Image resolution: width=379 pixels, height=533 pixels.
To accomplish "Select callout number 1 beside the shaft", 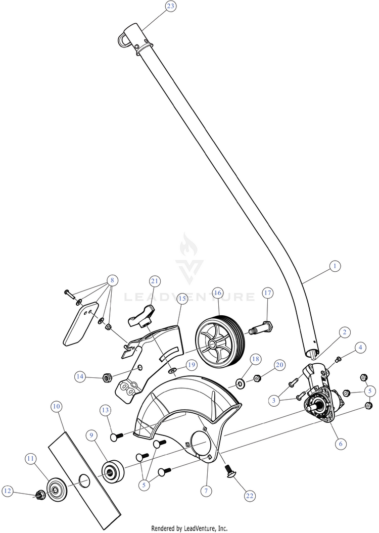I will [x=334, y=265].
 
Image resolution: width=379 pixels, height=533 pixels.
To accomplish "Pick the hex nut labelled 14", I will [x=107, y=376].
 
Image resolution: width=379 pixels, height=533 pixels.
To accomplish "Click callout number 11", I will [x=31, y=458].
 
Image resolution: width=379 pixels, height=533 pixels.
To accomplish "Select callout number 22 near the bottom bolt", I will [x=249, y=496].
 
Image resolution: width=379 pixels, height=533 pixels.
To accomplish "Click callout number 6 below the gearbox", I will [x=340, y=444].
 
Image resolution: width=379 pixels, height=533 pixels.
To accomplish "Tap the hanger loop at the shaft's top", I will [x=124, y=38].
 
